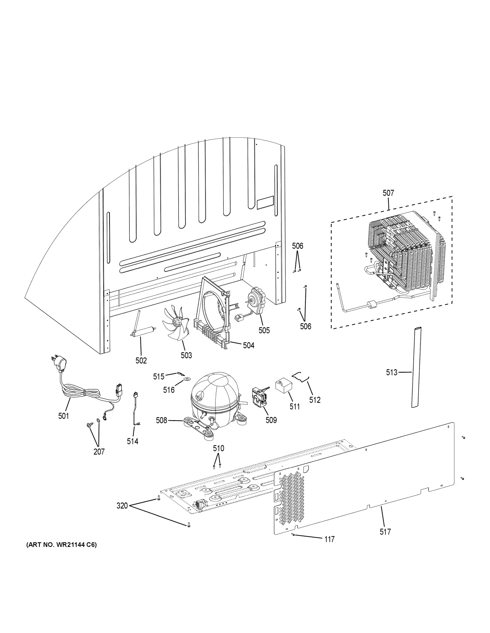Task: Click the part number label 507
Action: coord(388,193)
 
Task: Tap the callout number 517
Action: coord(385,532)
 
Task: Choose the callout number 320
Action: coord(122,506)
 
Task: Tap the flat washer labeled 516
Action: coord(185,379)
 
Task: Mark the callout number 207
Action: coord(99,452)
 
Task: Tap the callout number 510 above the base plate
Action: coord(218,448)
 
